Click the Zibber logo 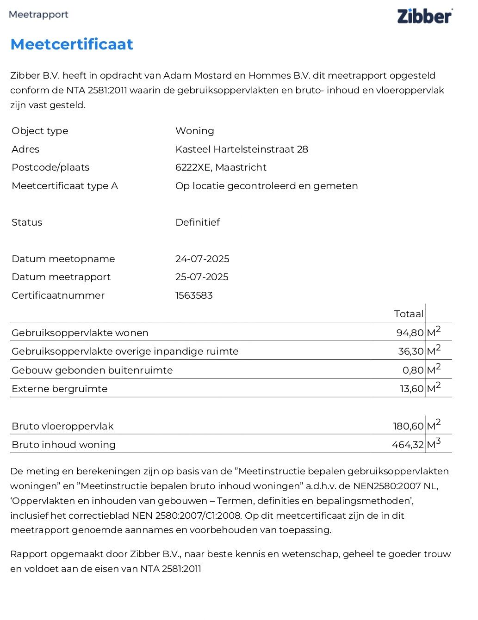424,16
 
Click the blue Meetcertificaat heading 72,44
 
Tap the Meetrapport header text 38,14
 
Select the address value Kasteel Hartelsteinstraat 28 242,149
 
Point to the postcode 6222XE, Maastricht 221,167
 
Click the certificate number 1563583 194,295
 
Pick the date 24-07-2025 202,259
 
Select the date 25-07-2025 202,277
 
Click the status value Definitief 198,222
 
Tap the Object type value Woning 194,131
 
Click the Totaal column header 409,314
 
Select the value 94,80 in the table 410,333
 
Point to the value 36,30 411,351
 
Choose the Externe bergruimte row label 60,389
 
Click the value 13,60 412,389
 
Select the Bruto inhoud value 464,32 408,445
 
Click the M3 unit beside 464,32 434,444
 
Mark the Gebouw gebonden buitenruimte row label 92,370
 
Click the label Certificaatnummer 58,295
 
